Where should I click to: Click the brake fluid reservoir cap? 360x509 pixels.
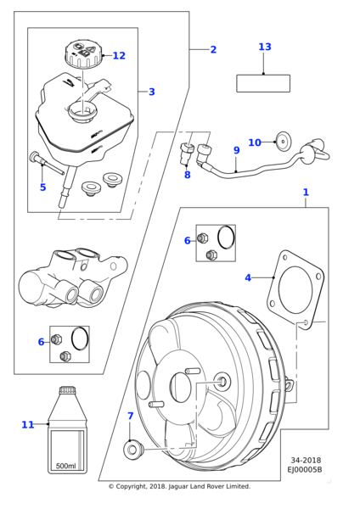[84, 53]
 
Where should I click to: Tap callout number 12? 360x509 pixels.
[119, 55]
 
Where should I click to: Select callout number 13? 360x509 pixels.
[264, 47]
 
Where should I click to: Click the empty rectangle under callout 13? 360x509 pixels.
[263, 83]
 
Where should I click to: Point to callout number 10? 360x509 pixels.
[255, 143]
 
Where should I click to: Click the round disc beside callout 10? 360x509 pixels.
[284, 142]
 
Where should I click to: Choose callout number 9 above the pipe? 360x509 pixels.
[237, 150]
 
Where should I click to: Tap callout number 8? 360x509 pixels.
[187, 175]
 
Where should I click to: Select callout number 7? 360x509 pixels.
[130, 416]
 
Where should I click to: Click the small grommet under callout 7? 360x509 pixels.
[133, 450]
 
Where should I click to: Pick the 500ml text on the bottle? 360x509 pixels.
[65, 466]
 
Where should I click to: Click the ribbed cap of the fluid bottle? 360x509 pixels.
[68, 390]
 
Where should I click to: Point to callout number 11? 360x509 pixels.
[28, 425]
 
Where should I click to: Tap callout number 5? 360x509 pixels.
[43, 187]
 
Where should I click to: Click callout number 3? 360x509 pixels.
[152, 92]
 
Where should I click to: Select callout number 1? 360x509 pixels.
[306, 193]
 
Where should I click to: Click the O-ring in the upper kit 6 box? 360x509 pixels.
[226, 238]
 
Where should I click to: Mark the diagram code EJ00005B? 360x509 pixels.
[305, 469]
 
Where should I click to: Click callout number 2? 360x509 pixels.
[213, 50]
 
